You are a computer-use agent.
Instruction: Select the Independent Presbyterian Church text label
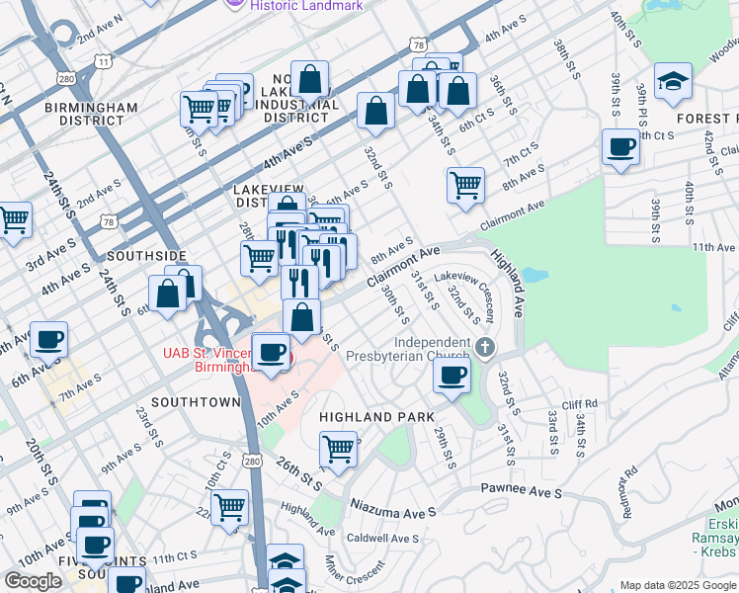(415, 353)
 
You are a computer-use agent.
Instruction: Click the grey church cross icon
(484, 347)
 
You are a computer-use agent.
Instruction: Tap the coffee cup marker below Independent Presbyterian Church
(452, 377)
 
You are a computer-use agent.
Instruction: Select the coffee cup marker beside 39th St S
(620, 148)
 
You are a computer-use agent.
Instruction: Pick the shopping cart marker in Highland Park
(338, 450)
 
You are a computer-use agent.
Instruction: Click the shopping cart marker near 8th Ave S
(465, 185)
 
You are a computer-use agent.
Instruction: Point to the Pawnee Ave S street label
(521, 490)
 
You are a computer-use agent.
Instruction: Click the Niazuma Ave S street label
(396, 512)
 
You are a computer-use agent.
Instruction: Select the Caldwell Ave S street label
(382, 539)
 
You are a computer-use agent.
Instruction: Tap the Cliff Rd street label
(581, 403)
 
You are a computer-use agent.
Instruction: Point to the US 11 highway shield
(103, 61)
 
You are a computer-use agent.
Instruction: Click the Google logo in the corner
(33, 580)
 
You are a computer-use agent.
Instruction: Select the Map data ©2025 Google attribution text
(677, 585)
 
